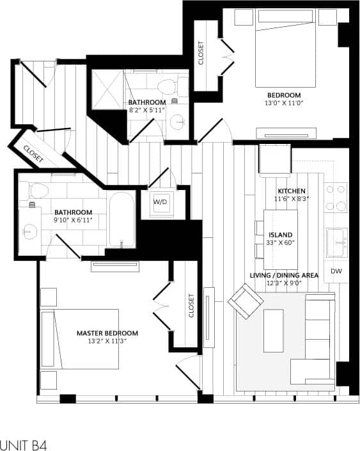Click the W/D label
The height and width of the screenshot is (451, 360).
159,202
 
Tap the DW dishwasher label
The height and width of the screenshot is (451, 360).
336,272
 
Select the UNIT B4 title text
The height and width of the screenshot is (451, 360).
24,444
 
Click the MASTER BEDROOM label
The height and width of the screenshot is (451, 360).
107,333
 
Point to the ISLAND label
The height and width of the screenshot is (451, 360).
280,235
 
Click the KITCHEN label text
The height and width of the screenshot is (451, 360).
291,191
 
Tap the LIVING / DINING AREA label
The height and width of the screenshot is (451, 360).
285,275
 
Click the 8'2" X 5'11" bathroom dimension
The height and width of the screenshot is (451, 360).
146,110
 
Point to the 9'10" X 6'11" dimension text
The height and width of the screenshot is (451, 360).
73,220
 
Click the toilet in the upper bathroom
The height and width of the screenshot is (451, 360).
168,86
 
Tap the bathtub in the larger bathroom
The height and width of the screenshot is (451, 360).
121,219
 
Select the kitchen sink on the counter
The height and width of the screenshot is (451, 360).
336,241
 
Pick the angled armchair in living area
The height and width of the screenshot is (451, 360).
246,300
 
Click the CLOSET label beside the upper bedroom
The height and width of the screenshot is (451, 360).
201,54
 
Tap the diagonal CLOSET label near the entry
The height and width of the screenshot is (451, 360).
32,151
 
